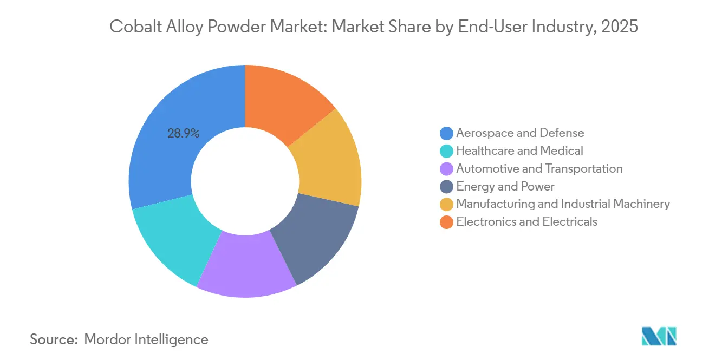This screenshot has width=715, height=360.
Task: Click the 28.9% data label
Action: click(x=183, y=133)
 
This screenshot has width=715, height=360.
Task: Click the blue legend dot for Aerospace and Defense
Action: click(x=446, y=133)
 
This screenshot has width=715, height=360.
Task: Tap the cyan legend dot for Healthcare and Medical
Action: click(x=446, y=151)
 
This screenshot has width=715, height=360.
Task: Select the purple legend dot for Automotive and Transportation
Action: click(x=446, y=169)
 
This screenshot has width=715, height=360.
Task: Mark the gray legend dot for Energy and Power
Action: click(x=446, y=187)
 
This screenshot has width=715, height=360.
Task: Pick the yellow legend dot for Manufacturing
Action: click(x=446, y=205)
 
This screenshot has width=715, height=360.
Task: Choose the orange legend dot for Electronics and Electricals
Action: click(x=446, y=222)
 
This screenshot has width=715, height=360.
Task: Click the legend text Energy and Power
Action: click(x=505, y=187)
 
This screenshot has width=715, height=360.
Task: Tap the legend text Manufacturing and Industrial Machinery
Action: click(x=563, y=204)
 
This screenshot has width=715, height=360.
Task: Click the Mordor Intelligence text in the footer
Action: click(x=146, y=339)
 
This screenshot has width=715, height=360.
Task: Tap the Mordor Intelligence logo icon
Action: click(x=659, y=336)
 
